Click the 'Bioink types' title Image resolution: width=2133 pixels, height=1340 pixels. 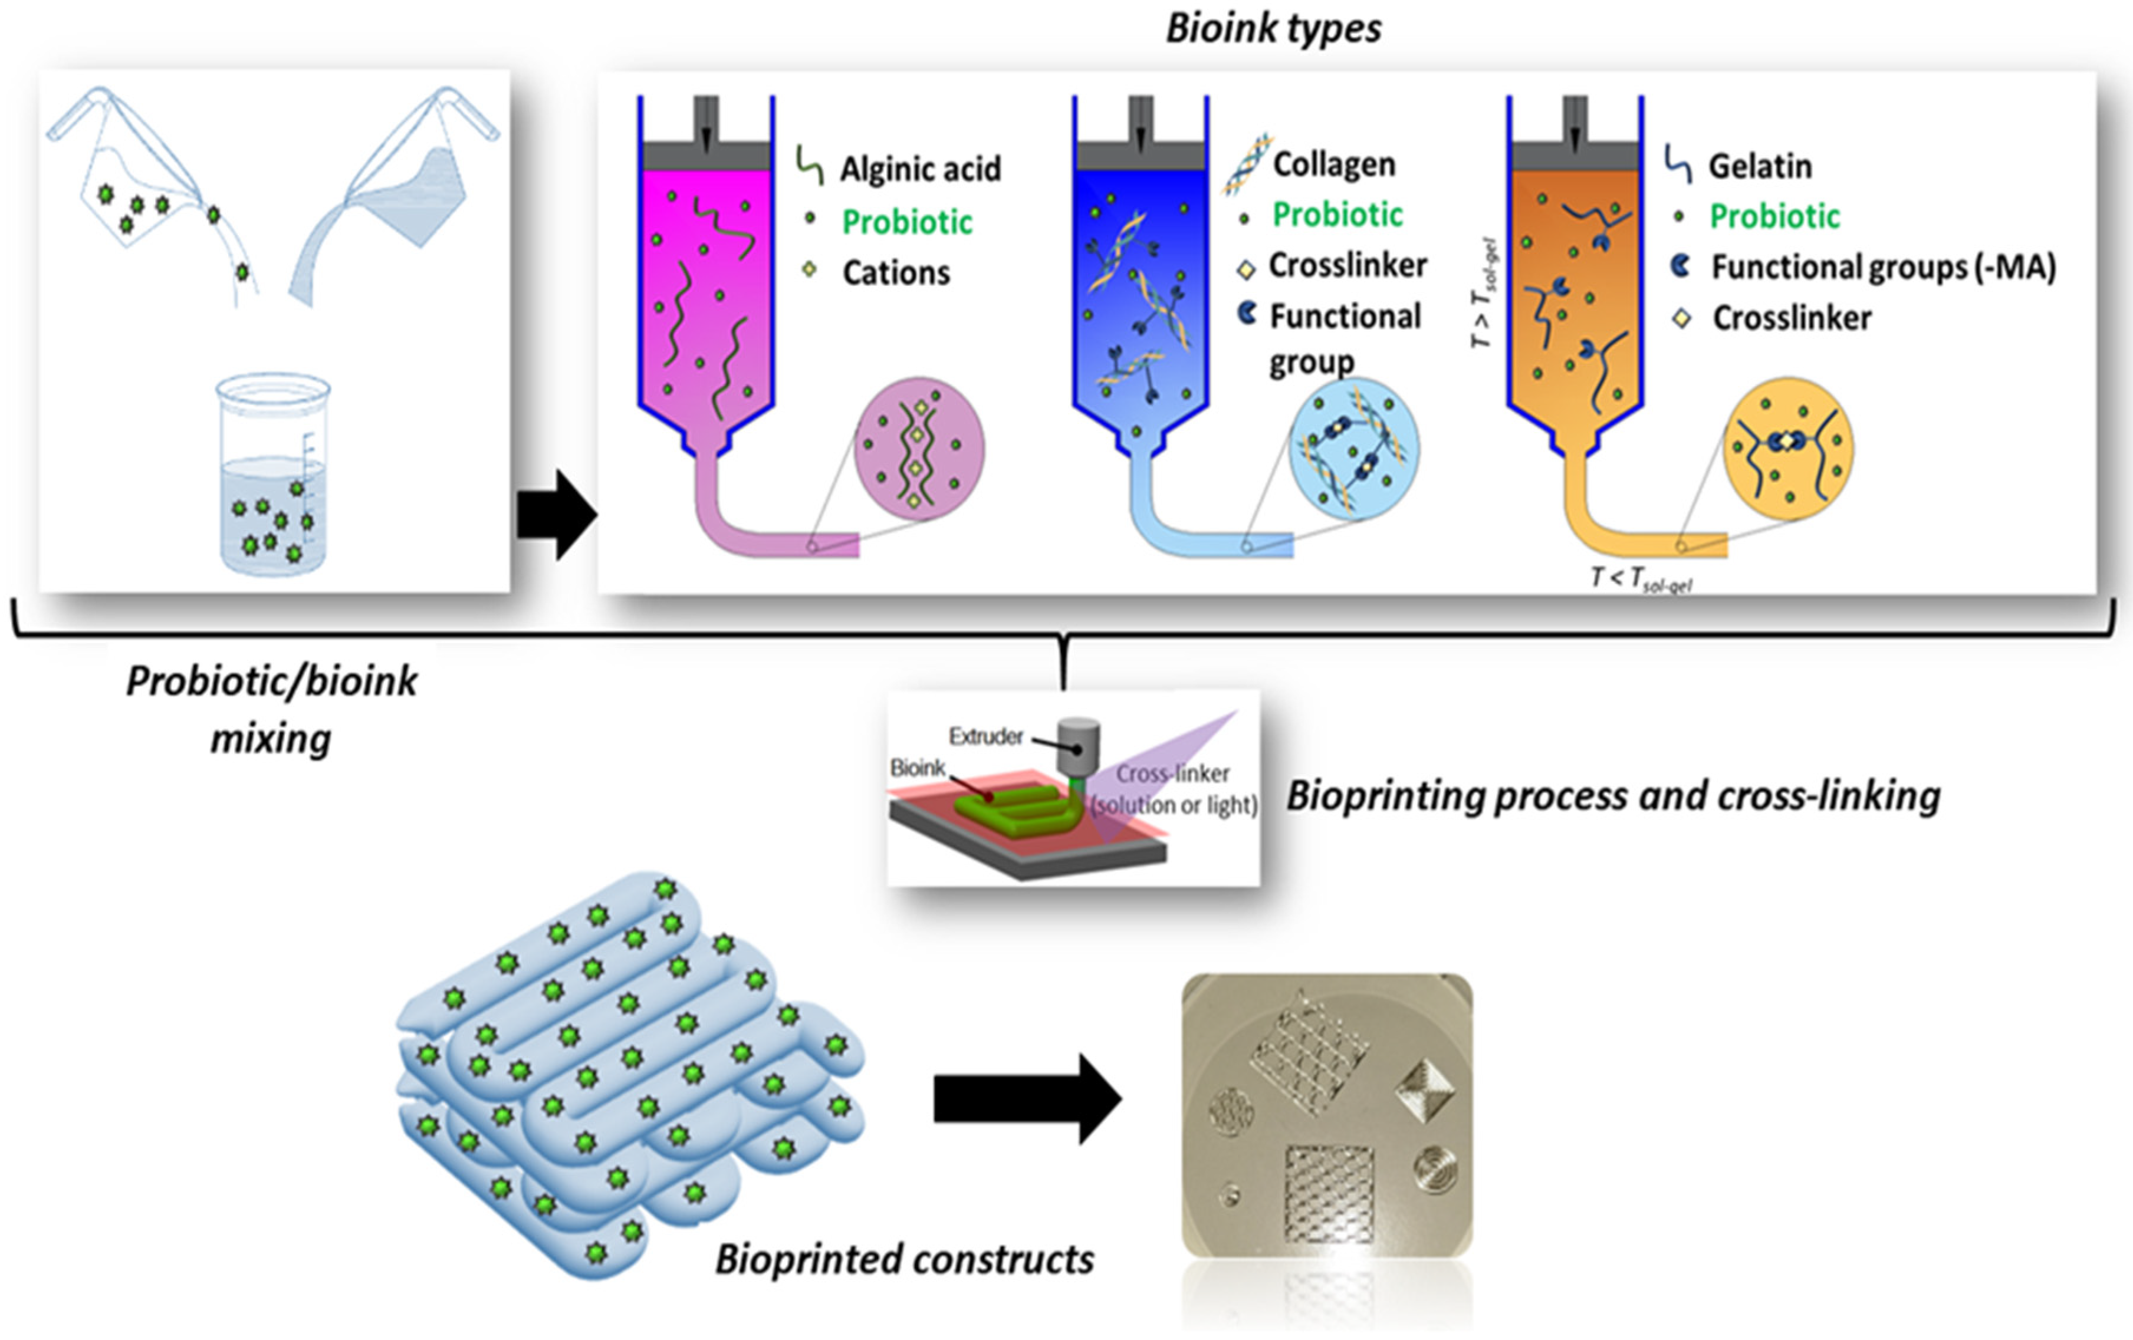point(1273,28)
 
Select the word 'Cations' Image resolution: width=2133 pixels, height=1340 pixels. point(896,273)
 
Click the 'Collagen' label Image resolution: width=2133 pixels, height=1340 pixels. point(1334,164)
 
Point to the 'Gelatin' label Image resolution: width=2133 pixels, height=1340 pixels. point(1759,166)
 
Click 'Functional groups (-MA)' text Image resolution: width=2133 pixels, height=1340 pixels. point(1883,266)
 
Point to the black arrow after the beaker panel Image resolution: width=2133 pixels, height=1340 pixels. point(556,515)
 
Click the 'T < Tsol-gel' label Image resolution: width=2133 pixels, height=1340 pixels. point(1641,580)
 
